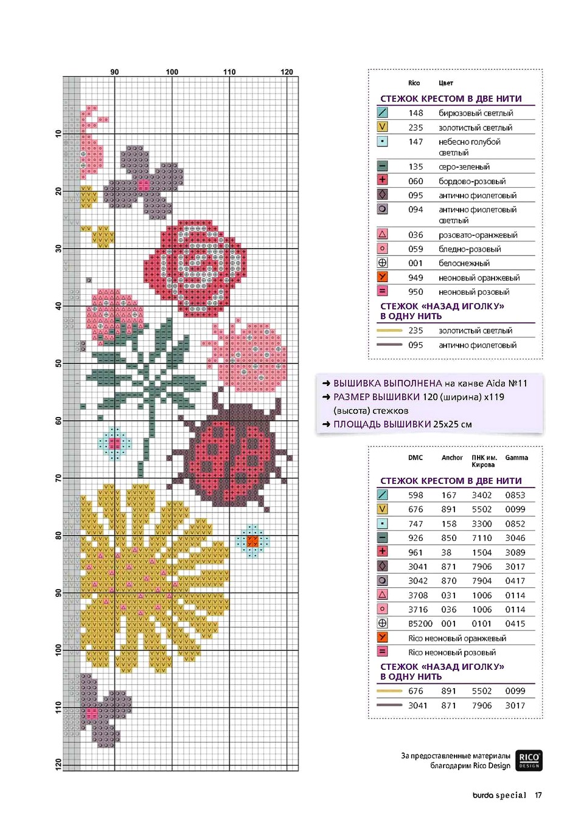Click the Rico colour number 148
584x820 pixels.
pos(415,113)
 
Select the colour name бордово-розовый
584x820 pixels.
pos(472,181)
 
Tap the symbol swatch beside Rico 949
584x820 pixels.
pos(382,277)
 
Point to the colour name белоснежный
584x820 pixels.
pos(464,263)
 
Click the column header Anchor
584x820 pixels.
pos(452,458)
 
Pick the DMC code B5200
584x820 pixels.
pos(420,624)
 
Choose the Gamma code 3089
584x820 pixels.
pos(515,553)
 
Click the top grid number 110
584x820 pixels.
pos(229,72)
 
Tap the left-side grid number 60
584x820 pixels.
pos(58,421)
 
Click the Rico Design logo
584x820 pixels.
pos(529,760)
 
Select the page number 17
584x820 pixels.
pos(538,795)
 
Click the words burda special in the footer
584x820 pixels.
pos(499,795)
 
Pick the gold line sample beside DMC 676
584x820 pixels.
pos(389,691)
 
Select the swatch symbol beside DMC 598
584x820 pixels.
pos(382,495)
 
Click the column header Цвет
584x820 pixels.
pos(445,83)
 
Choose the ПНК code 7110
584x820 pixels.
pos(481,538)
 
